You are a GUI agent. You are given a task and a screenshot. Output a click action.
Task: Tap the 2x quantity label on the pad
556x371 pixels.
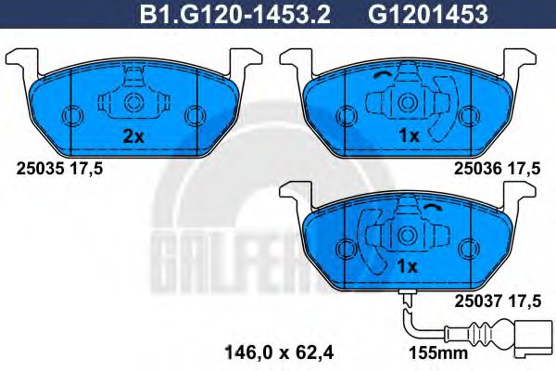(x=133, y=136)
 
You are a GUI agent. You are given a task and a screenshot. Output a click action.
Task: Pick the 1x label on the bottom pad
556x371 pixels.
(x=408, y=265)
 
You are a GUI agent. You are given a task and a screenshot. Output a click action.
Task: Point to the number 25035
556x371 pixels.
(x=38, y=168)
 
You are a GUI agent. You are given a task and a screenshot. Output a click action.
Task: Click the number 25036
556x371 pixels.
(x=474, y=168)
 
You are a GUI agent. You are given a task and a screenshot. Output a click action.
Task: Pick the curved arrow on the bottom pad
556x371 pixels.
(x=436, y=208)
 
